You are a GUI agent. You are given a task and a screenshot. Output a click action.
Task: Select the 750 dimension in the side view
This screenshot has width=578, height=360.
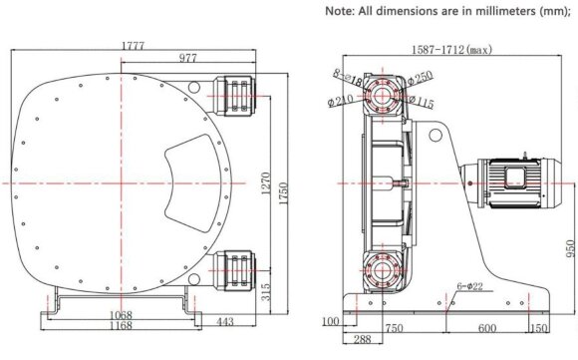point(396,328)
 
